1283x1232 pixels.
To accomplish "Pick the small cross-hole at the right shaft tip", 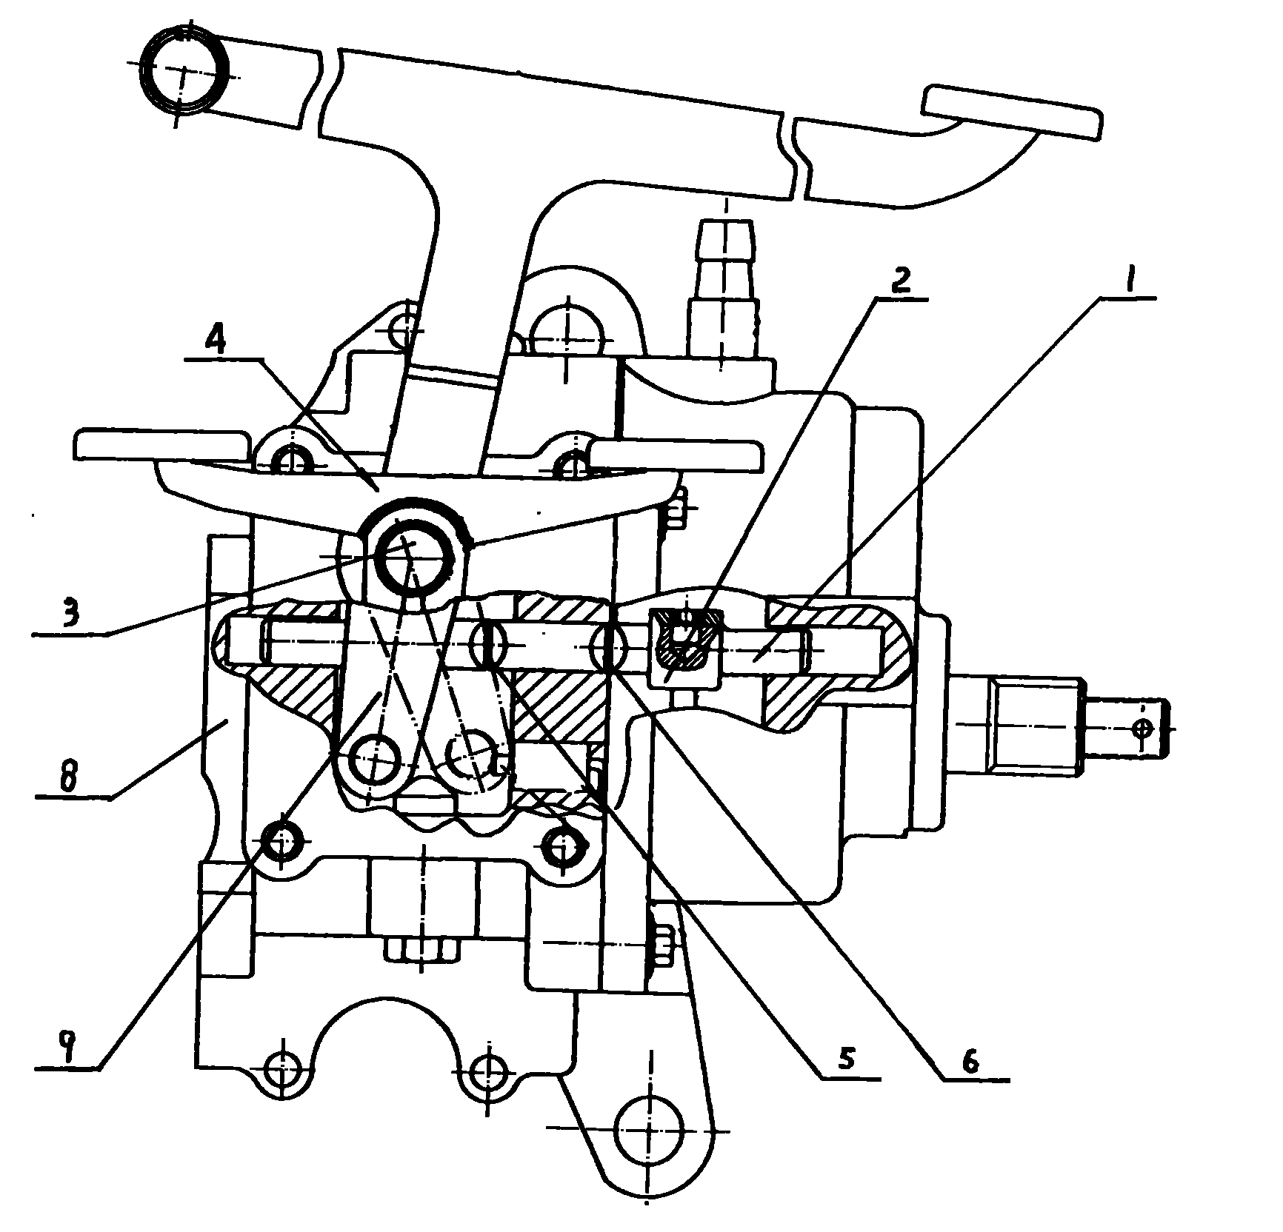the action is (x=1143, y=729).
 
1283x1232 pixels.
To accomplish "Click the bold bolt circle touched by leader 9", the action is (x=282, y=843).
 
